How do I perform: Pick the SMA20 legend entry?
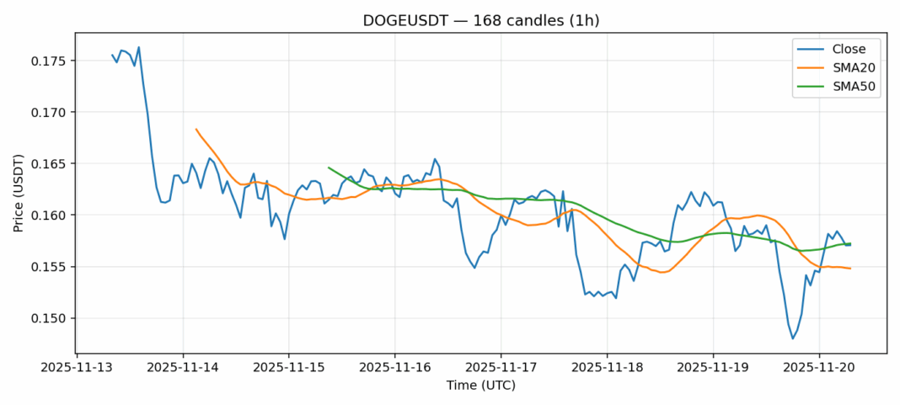844,68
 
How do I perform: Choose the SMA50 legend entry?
844,87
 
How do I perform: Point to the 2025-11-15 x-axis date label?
288,368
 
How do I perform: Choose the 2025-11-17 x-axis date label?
501,368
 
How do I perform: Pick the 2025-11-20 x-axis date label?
819,368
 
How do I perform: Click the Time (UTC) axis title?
480,386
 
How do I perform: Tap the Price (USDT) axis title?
18,193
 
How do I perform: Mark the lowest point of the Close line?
793,338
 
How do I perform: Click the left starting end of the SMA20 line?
196,129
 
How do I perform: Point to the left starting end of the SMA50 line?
329,168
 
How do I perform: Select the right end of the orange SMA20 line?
850,269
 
